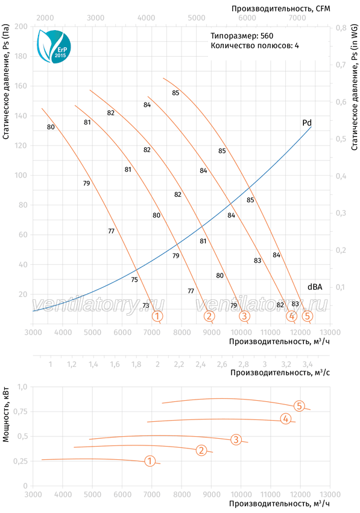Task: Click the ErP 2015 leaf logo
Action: [x=54, y=46]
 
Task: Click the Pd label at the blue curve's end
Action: [x=307, y=123]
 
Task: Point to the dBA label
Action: [x=315, y=287]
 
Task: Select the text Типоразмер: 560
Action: [x=242, y=36]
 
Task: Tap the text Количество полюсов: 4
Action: [x=254, y=45]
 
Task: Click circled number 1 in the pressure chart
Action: [x=157, y=316]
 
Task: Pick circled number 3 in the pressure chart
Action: [x=244, y=316]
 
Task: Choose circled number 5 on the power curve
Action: [x=299, y=406]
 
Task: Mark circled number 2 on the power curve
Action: [x=201, y=450]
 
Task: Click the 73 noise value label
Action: [x=146, y=305]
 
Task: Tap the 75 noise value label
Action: [x=134, y=279]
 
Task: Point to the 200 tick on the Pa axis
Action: [x=21, y=26]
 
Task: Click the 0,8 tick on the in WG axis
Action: [x=341, y=28]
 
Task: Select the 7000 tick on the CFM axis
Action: [x=297, y=18]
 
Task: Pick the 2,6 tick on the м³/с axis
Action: [x=222, y=364]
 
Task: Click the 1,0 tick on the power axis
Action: [x=22, y=387]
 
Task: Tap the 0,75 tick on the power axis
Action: [x=21, y=412]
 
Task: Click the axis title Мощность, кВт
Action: [x=5, y=415]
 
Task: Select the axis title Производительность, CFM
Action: [x=281, y=8]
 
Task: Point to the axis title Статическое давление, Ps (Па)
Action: [x=5, y=82]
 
